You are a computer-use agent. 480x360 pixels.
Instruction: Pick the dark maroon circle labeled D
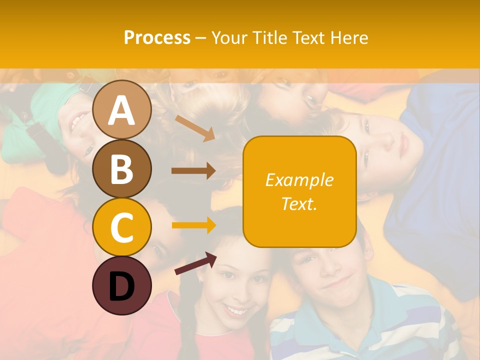pyautogui.click(x=122, y=285)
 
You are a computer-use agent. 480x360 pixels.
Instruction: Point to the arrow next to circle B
pyautogui.click(x=193, y=171)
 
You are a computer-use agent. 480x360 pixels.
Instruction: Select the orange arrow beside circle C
pyautogui.click(x=193, y=225)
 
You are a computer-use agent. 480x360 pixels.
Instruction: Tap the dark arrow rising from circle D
pyautogui.click(x=195, y=263)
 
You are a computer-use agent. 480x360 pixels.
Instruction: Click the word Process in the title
pyautogui.click(x=157, y=37)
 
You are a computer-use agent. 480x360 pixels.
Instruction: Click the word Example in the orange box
pyautogui.click(x=299, y=180)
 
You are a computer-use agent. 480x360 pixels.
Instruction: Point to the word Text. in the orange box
pyautogui.click(x=299, y=203)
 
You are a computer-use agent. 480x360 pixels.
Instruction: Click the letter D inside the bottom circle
pyautogui.click(x=122, y=287)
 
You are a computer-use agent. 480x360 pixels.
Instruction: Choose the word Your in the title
pyautogui.click(x=230, y=37)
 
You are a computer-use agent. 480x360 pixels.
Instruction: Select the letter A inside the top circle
pyautogui.click(x=122, y=111)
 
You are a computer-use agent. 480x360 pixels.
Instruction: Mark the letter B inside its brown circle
pyautogui.click(x=122, y=169)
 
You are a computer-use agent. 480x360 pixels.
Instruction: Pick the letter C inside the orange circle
pyautogui.click(x=122, y=228)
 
